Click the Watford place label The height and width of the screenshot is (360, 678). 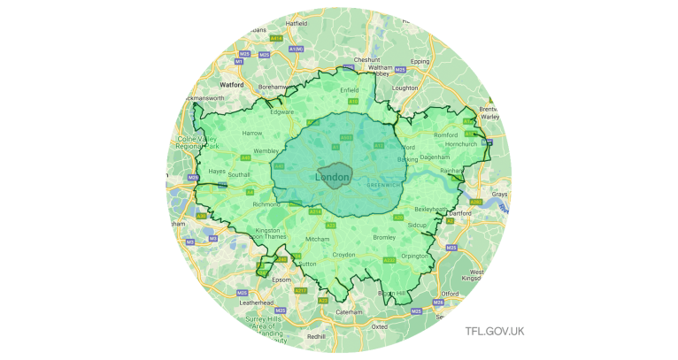[x=232, y=85]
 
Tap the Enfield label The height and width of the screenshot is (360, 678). [x=350, y=89]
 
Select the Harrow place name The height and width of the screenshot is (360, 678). [x=252, y=134]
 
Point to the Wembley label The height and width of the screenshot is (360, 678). [x=266, y=151]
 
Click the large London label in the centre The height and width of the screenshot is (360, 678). [x=332, y=178]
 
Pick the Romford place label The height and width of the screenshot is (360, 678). [x=445, y=134]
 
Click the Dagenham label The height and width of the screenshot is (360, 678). [x=435, y=157]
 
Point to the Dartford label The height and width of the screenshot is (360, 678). [x=461, y=213]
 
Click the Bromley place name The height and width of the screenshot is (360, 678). [x=384, y=238]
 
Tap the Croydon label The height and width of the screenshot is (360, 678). [x=343, y=255]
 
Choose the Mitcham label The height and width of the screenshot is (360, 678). [x=317, y=240]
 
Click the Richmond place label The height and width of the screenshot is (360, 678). [x=266, y=204]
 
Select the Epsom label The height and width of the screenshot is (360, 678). [x=281, y=280]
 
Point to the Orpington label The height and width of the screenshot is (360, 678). [x=414, y=256]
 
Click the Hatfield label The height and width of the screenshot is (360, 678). [x=297, y=24]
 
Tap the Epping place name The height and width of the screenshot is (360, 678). [x=420, y=62]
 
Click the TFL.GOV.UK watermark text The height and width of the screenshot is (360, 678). [x=495, y=331]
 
